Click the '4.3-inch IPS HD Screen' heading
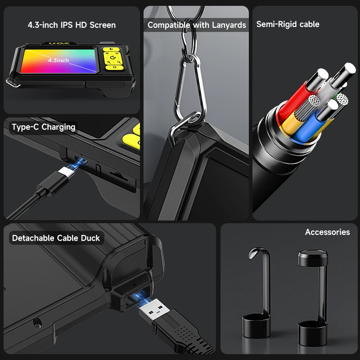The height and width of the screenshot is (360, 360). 72,25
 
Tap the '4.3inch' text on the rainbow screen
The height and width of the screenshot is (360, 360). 58,60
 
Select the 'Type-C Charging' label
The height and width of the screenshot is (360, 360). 44,127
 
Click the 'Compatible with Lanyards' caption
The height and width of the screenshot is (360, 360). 197,25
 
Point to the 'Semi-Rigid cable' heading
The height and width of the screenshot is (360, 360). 288,24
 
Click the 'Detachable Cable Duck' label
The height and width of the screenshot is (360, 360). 56,238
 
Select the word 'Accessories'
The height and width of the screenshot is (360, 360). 327,232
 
